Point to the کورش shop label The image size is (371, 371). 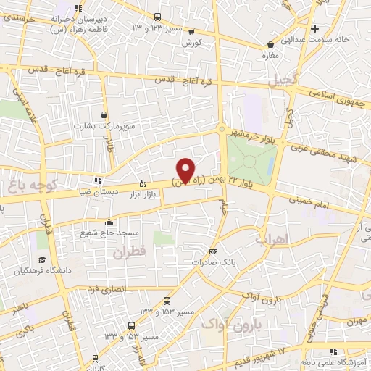191,43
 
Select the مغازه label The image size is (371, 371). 272,54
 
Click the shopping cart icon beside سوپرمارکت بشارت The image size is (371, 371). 104,114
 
